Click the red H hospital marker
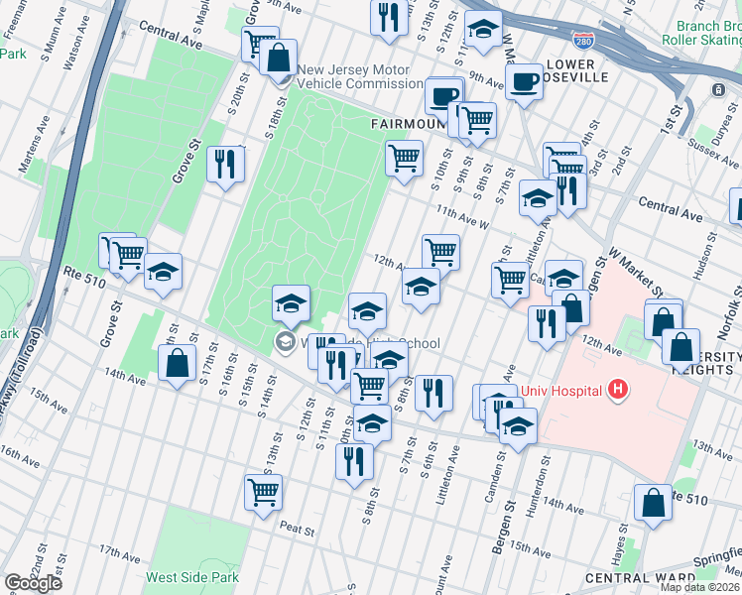click(620, 387)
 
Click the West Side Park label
click(192, 577)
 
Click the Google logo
click(33, 582)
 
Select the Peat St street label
click(296, 530)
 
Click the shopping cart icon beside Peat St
click(263, 490)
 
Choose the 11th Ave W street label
click(462, 217)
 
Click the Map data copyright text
click(699, 587)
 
